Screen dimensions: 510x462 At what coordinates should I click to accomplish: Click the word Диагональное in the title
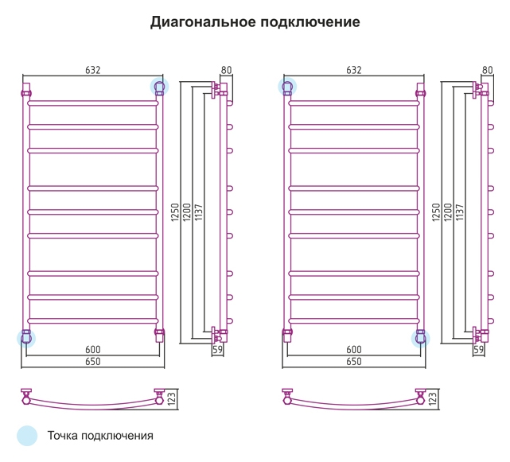203,22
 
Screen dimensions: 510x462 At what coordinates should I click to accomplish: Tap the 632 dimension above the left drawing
93,70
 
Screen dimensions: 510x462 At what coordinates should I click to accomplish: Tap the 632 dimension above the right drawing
354,70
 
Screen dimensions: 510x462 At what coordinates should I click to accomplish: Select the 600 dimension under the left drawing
93,350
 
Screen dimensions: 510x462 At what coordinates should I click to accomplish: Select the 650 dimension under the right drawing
354,362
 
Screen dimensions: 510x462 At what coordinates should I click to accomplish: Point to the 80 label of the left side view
226,70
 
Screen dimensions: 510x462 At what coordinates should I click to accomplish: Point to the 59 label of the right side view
478,350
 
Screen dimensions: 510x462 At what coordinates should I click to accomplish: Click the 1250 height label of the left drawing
175,212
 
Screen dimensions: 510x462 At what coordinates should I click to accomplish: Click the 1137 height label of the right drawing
459,212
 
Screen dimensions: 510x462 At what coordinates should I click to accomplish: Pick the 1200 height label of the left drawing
187,212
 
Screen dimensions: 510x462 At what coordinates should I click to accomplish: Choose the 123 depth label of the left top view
171,398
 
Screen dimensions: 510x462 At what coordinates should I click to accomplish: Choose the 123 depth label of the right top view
432,398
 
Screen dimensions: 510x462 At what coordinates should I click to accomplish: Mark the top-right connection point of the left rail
159,87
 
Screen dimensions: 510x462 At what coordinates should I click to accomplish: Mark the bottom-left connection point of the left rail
26,339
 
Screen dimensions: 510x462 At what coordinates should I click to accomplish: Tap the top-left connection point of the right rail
287,87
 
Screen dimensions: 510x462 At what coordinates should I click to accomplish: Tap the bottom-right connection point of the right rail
421,339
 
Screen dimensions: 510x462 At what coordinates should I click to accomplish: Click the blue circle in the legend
27,436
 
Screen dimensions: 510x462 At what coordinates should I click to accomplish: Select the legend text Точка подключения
100,436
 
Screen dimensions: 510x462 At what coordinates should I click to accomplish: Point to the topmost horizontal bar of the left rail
93,103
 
